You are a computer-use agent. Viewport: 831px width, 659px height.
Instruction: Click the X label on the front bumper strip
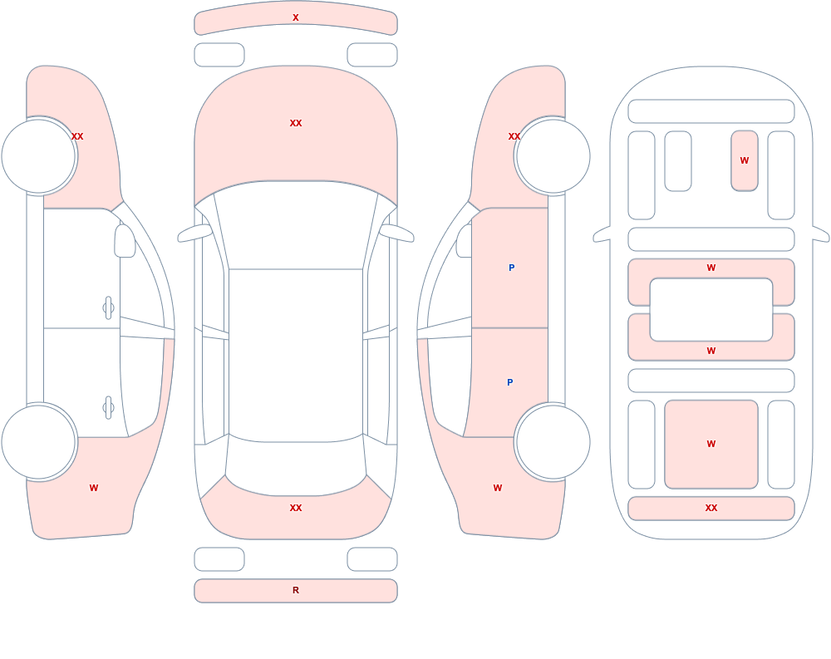click(296, 17)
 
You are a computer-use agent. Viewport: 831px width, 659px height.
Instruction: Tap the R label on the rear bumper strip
click(296, 590)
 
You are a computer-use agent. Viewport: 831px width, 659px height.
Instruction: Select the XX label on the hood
click(296, 123)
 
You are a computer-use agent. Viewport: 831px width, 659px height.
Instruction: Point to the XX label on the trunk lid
click(296, 508)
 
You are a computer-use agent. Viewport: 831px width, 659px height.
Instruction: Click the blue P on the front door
click(511, 268)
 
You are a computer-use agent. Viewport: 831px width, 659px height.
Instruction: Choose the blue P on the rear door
click(510, 382)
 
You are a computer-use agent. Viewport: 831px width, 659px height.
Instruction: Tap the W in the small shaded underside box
click(744, 160)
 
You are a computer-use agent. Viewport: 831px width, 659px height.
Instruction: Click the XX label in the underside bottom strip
click(711, 508)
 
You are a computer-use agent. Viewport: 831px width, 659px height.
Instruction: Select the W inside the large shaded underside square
click(711, 445)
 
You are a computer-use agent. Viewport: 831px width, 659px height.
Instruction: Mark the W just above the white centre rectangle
click(711, 268)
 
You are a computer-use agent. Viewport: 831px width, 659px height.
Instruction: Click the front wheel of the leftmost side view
click(39, 156)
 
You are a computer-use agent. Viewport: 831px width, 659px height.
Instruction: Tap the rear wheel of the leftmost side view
click(39, 442)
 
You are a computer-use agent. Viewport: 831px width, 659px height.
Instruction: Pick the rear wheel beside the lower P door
click(553, 442)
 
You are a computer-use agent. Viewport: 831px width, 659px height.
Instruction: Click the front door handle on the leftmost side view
click(108, 308)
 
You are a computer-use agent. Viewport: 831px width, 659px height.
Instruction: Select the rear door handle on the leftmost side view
click(108, 408)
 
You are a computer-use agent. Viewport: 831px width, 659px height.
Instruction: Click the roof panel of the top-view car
click(296, 355)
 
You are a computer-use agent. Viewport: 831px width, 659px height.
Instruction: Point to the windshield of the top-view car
click(296, 225)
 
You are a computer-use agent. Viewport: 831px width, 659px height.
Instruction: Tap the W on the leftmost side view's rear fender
click(94, 489)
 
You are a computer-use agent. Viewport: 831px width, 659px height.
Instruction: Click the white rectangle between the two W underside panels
click(711, 310)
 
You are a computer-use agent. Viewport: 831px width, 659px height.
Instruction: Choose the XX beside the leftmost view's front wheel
click(77, 137)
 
